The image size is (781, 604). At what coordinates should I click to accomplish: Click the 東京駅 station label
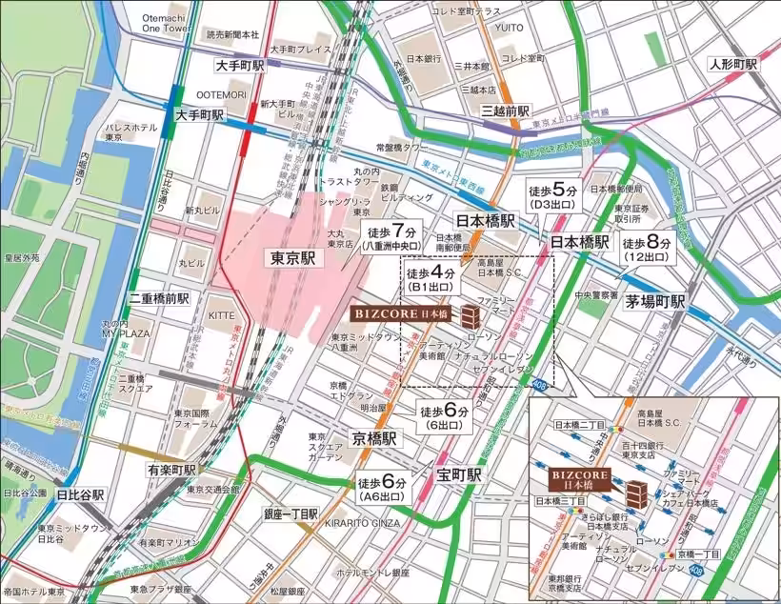point(293,258)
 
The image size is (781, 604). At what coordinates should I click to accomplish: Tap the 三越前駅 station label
point(505,111)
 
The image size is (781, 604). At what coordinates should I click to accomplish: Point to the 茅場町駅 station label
point(655,301)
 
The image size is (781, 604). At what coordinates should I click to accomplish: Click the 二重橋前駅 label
point(159,298)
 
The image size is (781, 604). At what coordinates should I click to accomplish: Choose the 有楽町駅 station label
point(171,470)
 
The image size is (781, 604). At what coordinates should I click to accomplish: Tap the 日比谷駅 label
point(80,495)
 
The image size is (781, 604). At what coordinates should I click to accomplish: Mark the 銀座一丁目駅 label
point(291,513)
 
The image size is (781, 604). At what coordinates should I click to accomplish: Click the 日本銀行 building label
point(422,58)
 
